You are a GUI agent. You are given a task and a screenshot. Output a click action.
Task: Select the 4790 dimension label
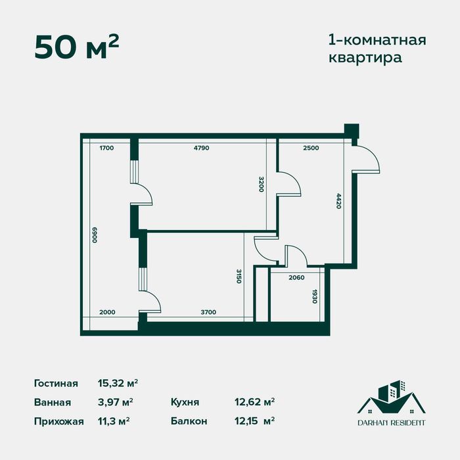201,148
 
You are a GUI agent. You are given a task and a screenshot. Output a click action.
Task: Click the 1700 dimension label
106,148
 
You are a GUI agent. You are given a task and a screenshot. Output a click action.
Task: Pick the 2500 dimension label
311,148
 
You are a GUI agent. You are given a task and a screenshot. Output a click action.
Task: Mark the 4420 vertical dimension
339,200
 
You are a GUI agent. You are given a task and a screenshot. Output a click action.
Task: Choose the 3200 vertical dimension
261,184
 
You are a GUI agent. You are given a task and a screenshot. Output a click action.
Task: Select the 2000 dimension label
106,312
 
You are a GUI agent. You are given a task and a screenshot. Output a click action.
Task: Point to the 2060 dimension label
297,278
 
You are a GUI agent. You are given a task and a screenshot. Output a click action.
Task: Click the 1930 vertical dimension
315,298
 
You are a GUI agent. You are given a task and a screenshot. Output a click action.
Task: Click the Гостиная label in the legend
56,383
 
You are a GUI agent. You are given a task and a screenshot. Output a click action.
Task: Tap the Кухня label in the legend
185,402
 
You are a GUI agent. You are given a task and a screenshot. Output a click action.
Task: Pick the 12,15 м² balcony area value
252,421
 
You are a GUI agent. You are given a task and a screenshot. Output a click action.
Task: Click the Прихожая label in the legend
58,421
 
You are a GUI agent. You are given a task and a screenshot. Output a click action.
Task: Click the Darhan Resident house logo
391,401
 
